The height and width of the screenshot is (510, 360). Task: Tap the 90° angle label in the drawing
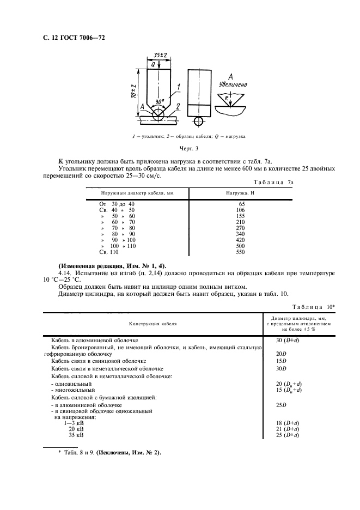pos(158,102)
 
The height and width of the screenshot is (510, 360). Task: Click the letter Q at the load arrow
pos(154,64)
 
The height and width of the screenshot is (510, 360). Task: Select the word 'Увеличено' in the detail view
pos(233,84)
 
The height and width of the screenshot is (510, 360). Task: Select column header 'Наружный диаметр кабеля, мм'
pos(137,193)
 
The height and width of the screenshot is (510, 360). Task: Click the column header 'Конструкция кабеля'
pos(153,324)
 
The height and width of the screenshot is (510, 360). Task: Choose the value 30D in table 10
pos(282,368)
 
